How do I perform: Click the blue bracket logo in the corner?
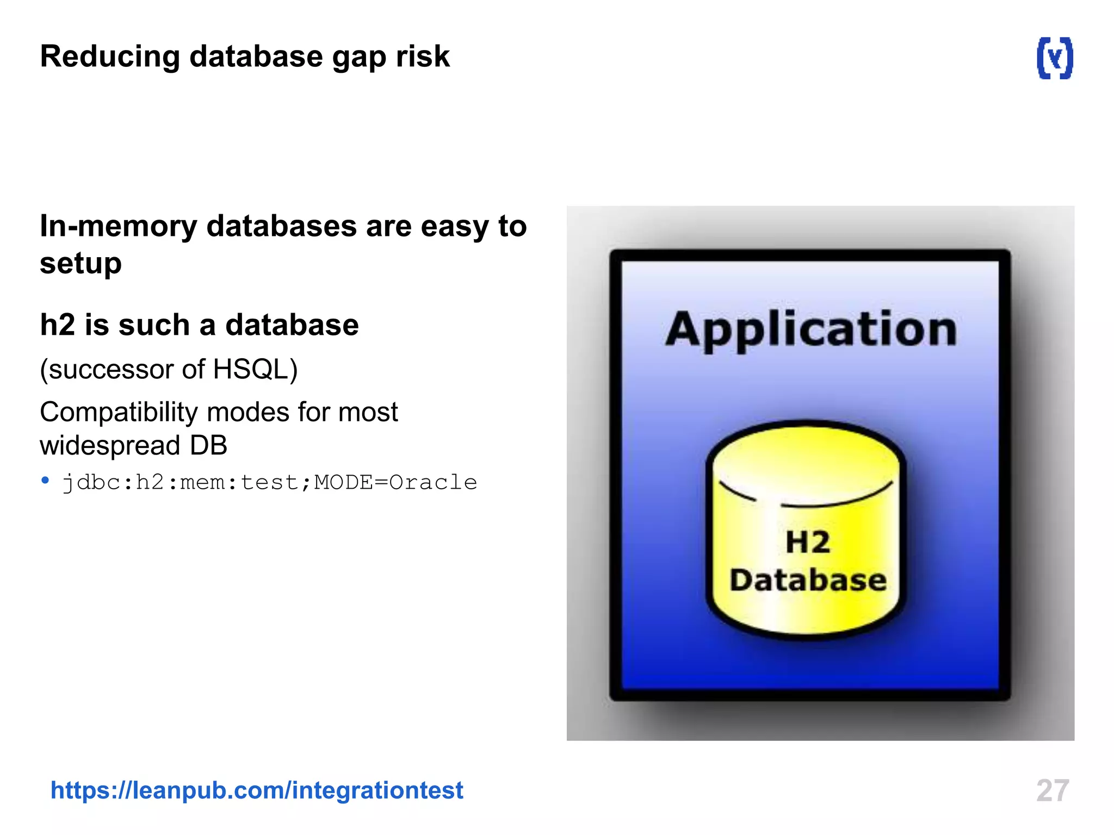click(1055, 58)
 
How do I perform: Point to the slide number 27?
click(1053, 790)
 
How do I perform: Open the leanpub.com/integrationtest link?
click(257, 790)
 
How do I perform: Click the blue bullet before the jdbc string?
click(45, 481)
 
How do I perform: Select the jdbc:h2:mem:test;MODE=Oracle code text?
click(270, 483)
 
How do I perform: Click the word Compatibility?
click(118, 413)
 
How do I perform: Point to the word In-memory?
click(118, 226)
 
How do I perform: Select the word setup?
click(81, 264)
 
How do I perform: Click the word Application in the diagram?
click(810, 330)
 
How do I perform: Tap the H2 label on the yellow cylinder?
click(808, 542)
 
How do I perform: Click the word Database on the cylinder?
click(808, 580)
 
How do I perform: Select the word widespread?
click(110, 446)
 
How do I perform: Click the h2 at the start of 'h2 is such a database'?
click(57, 325)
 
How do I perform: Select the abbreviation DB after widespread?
click(208, 446)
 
